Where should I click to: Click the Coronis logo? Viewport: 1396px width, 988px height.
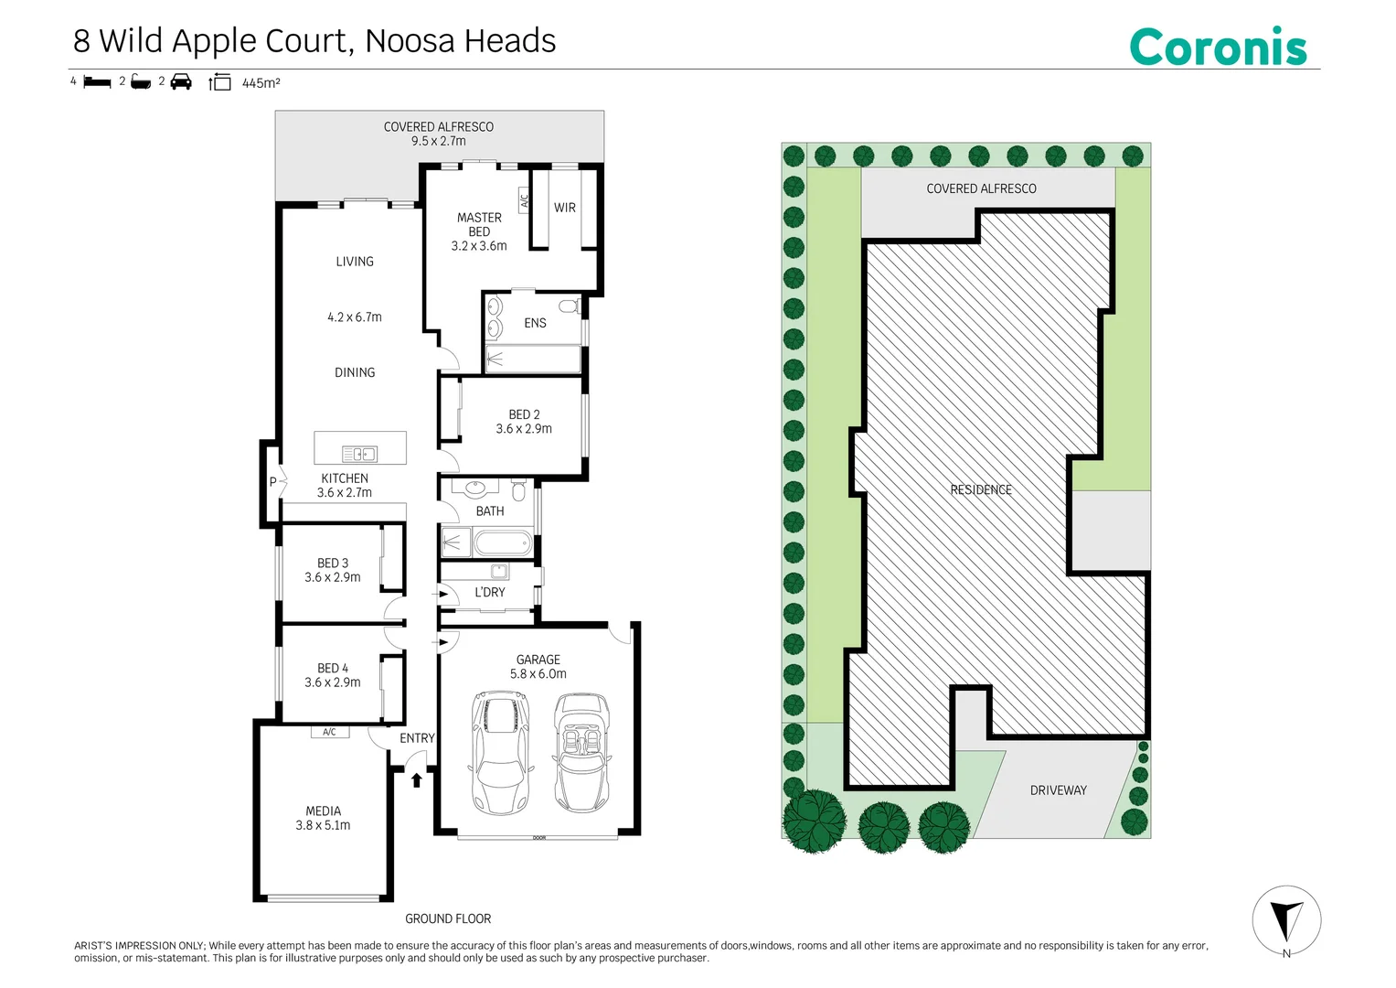click(1218, 47)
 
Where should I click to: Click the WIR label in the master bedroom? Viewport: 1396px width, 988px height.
click(565, 208)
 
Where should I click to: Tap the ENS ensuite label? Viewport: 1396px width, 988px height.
click(535, 323)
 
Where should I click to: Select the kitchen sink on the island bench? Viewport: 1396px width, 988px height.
click(359, 454)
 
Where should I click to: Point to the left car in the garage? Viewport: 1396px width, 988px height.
click(500, 752)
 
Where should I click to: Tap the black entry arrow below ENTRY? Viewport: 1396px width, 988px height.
click(417, 779)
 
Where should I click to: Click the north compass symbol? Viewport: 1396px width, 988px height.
click(1286, 919)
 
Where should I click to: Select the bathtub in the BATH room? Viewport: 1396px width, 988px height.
click(503, 544)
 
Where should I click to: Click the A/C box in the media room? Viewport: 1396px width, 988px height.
click(329, 732)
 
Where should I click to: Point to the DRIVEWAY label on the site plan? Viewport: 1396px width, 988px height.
click(1058, 790)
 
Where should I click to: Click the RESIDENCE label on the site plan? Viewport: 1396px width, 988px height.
click(981, 489)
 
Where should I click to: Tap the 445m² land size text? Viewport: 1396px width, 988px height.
click(261, 83)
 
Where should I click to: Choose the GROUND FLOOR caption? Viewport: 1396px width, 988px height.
click(448, 918)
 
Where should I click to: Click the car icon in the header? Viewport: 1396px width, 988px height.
click(181, 81)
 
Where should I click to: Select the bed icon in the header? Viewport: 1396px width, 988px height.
click(97, 82)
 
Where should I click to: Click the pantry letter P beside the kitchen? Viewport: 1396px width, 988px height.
click(272, 482)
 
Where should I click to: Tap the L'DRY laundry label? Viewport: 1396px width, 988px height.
click(489, 592)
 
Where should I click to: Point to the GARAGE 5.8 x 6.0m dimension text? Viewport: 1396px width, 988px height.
click(538, 674)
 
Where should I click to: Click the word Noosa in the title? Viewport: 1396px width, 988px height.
click(410, 41)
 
